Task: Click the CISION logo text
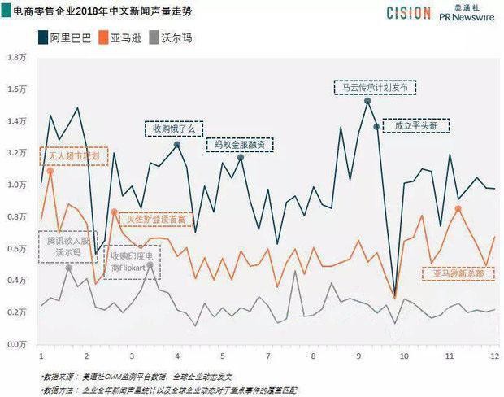(x=415, y=12)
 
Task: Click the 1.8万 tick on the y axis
(x=18, y=58)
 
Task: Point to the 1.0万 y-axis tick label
(x=18, y=185)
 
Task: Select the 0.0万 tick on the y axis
(x=18, y=344)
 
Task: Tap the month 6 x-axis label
(x=222, y=357)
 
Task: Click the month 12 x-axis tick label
(x=493, y=357)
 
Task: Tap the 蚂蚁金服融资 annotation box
(x=238, y=146)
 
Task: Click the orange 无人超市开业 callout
(x=73, y=155)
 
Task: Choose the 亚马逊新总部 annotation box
(x=458, y=273)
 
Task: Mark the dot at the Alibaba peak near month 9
(x=367, y=101)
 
